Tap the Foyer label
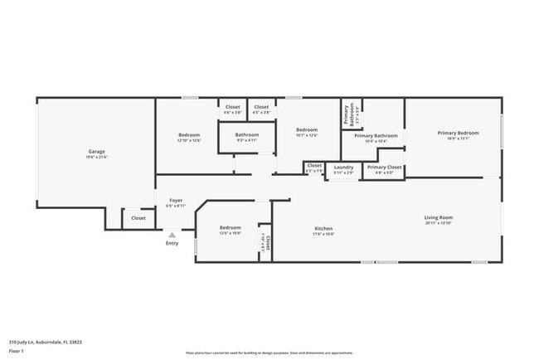coord(176,201)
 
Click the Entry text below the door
coord(172,243)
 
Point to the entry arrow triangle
coord(172,235)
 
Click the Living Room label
coord(439,217)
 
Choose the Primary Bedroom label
coord(458,133)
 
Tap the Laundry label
coord(343,168)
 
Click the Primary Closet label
coord(385,168)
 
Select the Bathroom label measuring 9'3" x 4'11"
coord(246,134)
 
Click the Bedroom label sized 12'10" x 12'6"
coord(188,134)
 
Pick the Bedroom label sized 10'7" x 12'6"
coord(307,130)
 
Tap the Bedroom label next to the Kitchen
coord(230,227)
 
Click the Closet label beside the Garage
coord(138,218)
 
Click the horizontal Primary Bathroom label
coord(376,135)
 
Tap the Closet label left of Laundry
coord(314,166)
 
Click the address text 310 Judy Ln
coord(45,341)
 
